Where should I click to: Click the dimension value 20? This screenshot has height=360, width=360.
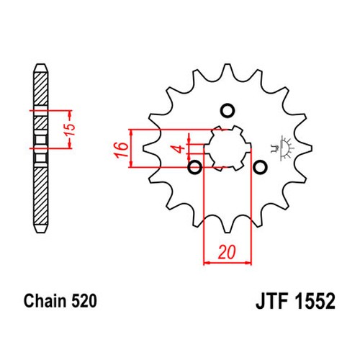coord(228,252)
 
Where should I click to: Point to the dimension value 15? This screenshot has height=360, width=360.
coord(71,130)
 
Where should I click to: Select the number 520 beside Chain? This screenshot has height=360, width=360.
coord(84,301)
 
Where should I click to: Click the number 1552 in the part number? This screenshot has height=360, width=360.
coord(315,301)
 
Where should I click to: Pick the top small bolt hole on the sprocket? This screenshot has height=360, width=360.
coord(228,111)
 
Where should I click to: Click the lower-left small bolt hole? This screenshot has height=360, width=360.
coord(195,167)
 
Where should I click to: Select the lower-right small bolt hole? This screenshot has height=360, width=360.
coord(260,167)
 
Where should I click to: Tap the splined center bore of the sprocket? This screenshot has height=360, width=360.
coord(228,148)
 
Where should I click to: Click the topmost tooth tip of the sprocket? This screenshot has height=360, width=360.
coord(228,64)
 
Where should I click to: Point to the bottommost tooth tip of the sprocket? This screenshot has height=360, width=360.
coord(228,233)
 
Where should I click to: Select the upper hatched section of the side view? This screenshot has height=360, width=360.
coord(40,89)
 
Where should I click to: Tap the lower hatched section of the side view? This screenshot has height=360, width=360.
coord(40,196)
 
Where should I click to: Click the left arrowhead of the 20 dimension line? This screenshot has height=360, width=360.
coord(207,264)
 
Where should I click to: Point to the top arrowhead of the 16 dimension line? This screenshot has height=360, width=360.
coord(131,132)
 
